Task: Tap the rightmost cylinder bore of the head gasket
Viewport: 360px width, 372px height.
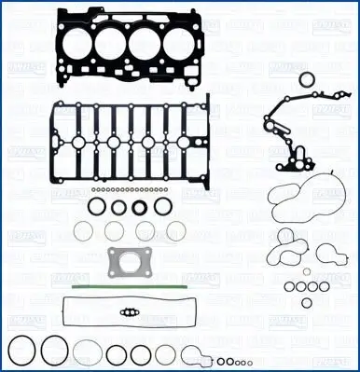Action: pyautogui.click(x=173, y=44)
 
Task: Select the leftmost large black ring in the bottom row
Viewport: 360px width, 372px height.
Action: pyautogui.click(x=21, y=352)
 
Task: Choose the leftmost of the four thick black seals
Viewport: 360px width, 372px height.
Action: pyautogui.click(x=97, y=206)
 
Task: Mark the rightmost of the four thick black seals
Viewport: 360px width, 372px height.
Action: pyautogui.click(x=161, y=206)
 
